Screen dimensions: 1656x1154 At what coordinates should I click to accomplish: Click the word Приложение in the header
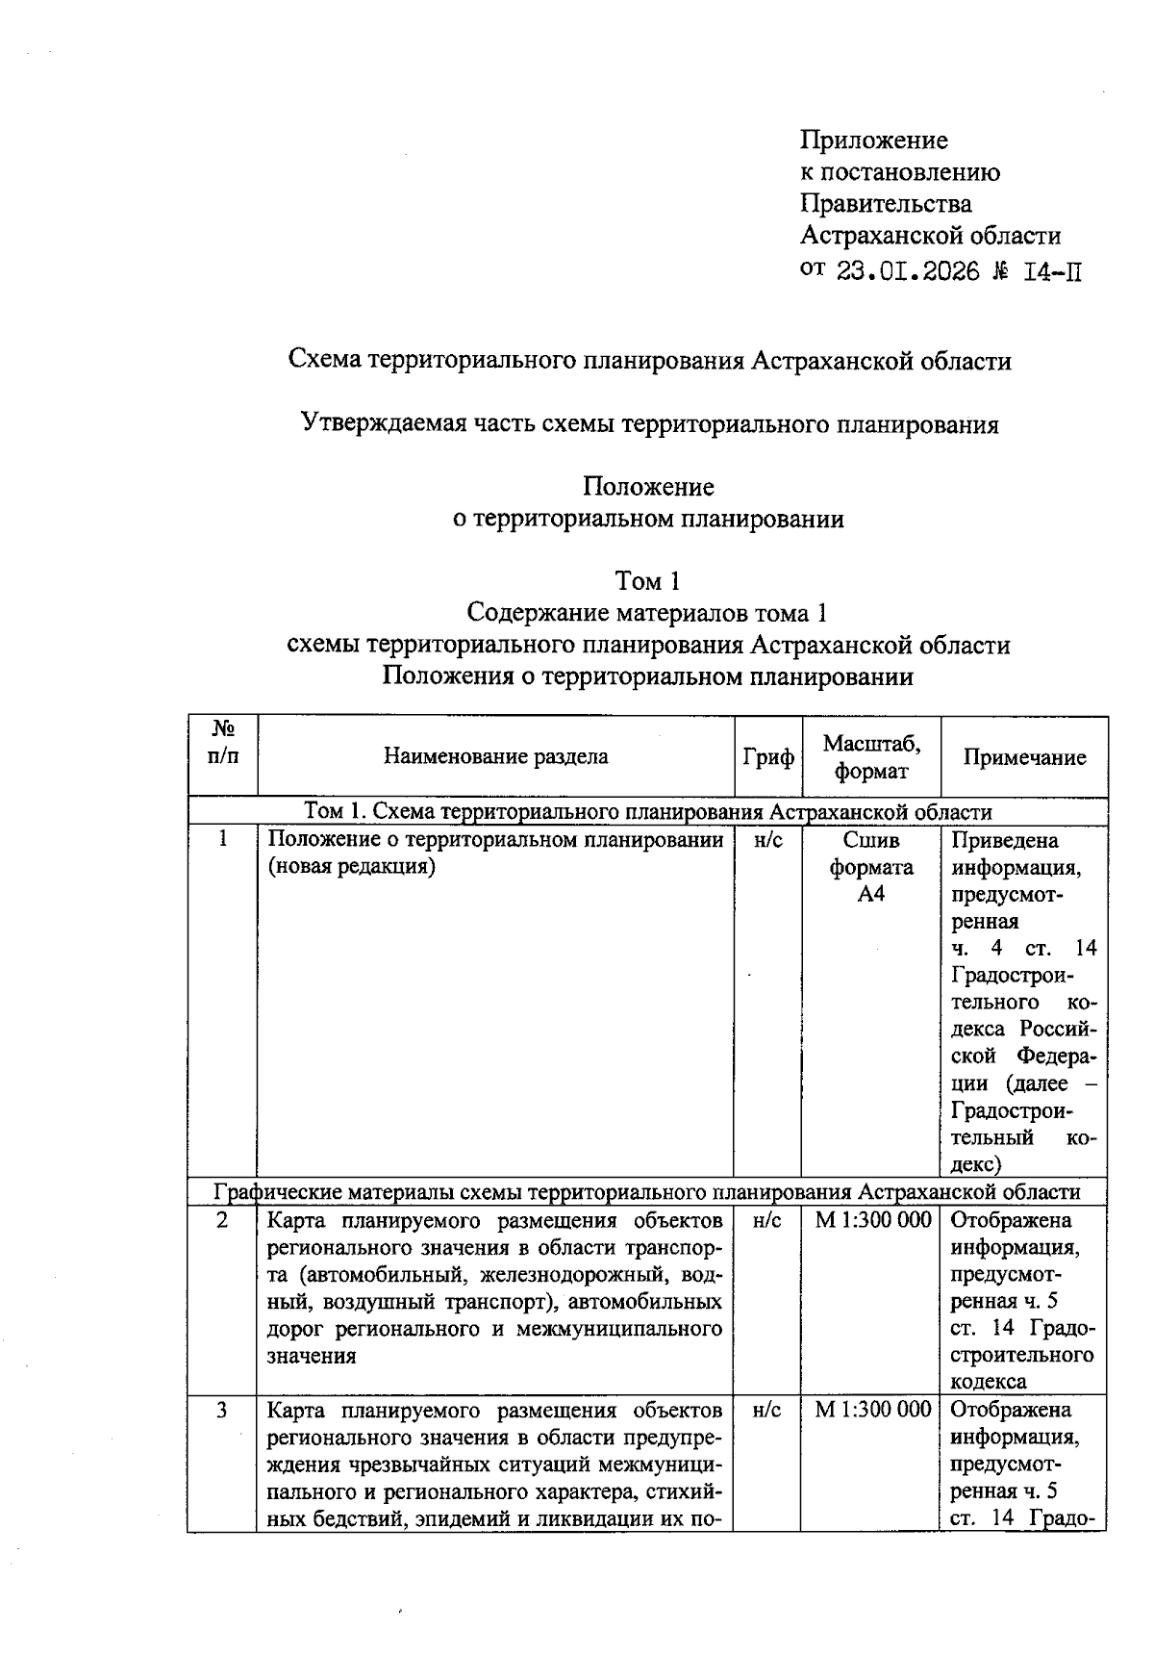click(x=873, y=140)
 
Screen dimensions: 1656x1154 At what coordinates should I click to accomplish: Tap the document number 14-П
click(x=1053, y=271)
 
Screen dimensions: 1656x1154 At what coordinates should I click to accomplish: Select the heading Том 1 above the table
click(x=648, y=581)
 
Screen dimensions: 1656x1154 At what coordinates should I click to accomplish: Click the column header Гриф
click(x=768, y=757)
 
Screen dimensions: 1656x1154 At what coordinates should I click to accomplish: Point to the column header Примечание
click(x=1024, y=757)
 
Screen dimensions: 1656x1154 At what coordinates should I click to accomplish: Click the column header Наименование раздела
click(x=495, y=756)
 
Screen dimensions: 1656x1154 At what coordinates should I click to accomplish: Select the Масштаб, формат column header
click(x=871, y=756)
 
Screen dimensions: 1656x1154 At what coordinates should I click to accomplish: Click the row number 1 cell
click(x=222, y=840)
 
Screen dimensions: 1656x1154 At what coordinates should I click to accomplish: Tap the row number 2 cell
click(x=222, y=1220)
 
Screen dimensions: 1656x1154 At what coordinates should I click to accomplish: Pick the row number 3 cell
click(x=222, y=1411)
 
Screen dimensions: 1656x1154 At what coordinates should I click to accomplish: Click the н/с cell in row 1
click(x=767, y=840)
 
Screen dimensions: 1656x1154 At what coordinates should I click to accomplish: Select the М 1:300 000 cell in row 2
click(x=872, y=1220)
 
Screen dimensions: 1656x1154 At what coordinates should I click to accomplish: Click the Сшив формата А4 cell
click(x=871, y=867)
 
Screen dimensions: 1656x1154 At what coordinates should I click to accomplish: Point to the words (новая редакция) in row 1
click(x=351, y=867)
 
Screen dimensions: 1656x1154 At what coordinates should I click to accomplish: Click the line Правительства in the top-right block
click(x=886, y=204)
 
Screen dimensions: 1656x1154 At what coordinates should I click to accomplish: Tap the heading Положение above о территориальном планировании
click(x=648, y=487)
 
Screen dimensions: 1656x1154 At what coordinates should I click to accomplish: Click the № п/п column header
click(x=222, y=742)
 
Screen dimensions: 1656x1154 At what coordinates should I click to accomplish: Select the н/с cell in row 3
click(x=767, y=1411)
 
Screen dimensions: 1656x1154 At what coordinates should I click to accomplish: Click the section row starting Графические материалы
click(x=647, y=1192)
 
